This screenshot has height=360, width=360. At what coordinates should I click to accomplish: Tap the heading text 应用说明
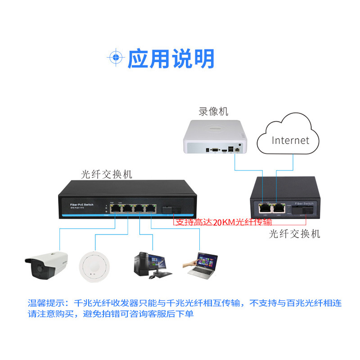point(171,58)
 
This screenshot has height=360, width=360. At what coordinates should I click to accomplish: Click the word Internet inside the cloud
point(291,140)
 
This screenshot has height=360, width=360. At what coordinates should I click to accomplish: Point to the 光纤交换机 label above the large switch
point(107,173)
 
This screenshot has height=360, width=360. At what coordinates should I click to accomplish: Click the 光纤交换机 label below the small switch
point(294,234)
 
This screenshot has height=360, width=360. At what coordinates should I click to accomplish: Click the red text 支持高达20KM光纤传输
point(223,222)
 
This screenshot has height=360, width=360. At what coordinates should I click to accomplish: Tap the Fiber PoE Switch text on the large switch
point(81,205)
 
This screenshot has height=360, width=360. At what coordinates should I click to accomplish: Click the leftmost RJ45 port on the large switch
point(116,208)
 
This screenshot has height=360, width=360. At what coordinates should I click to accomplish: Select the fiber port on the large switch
point(171,208)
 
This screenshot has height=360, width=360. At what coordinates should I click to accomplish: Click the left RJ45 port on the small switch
point(265,207)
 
